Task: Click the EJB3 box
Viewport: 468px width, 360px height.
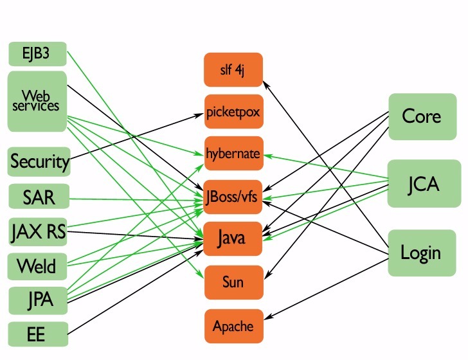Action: (37, 53)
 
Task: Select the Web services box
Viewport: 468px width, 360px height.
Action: (37, 102)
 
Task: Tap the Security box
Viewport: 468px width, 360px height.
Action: (39, 161)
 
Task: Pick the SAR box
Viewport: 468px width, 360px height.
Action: (39, 197)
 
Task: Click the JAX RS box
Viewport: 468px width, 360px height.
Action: (39, 231)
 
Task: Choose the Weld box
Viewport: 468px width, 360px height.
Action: (37, 265)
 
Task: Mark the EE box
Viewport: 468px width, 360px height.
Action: (38, 334)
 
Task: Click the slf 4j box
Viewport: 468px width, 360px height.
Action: (234, 70)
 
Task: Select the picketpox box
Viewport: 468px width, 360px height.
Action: (234, 111)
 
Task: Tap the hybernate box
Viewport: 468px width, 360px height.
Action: (234, 154)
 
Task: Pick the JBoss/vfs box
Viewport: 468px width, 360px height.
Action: (234, 197)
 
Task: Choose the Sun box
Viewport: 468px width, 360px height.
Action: (234, 282)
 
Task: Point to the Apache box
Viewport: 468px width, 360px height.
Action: (234, 326)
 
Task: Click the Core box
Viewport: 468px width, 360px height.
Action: (421, 116)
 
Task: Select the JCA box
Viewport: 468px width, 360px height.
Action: (422, 184)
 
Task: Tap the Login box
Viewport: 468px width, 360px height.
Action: (421, 252)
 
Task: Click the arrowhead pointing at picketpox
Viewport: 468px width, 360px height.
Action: (201, 115)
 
